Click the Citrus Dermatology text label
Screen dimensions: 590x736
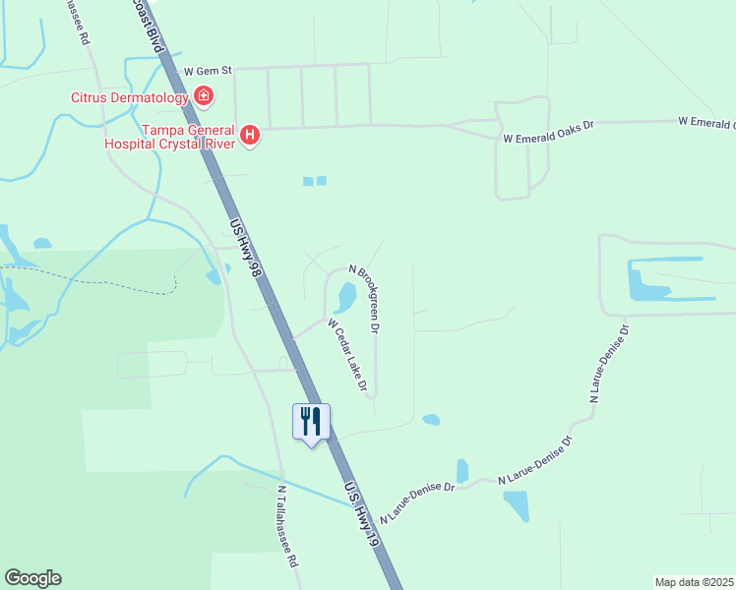coord(129,97)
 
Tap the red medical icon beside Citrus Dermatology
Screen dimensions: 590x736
coord(204,95)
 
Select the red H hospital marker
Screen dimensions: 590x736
coord(251,135)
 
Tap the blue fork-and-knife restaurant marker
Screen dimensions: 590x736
coord(311,422)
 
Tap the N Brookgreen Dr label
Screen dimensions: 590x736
coord(365,299)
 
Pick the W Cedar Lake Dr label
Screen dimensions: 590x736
coord(347,355)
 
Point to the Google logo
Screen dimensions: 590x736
coord(32,578)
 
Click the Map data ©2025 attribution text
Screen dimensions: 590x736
coord(694,582)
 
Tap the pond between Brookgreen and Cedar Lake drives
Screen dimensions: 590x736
coord(346,295)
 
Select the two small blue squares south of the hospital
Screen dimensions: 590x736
coord(314,181)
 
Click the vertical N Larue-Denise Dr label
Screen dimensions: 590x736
coord(608,361)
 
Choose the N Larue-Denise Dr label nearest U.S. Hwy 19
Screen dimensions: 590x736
coord(417,501)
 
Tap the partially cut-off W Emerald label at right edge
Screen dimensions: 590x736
coord(706,122)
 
